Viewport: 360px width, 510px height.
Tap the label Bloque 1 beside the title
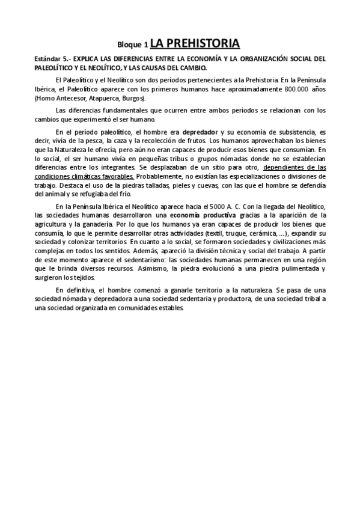132,45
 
